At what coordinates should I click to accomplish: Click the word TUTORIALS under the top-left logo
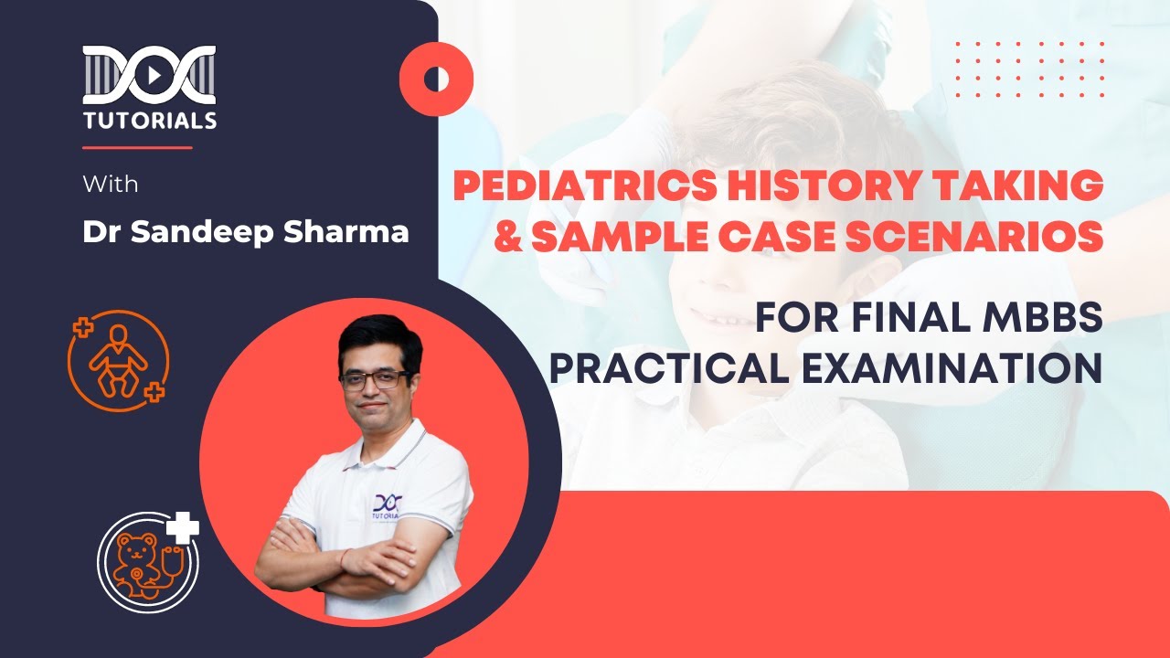(150, 120)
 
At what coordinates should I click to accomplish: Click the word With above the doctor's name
(110, 184)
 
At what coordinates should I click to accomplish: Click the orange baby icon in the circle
(117, 360)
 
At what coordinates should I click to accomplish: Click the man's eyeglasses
(375, 378)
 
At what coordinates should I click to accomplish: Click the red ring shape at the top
(436, 79)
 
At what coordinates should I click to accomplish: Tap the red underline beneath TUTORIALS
(137, 147)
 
